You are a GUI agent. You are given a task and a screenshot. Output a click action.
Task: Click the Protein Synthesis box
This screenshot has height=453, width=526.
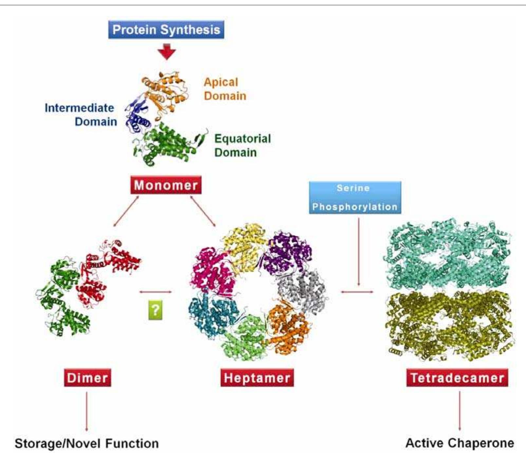[x=166, y=29]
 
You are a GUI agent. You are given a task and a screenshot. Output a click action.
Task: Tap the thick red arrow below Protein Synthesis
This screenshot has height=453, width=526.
[x=167, y=51]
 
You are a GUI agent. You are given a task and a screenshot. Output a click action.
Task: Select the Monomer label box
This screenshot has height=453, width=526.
[x=166, y=185]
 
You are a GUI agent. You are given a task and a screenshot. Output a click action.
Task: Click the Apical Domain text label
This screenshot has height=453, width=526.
[x=225, y=89]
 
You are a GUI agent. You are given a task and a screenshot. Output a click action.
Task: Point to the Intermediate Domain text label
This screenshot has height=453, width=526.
[x=81, y=115]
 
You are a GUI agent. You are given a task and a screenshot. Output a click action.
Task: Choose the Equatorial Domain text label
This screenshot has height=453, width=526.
[x=242, y=145]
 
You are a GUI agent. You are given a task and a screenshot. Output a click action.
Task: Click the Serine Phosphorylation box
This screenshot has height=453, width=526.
[x=355, y=197]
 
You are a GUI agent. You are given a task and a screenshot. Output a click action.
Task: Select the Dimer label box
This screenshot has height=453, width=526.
[x=87, y=378]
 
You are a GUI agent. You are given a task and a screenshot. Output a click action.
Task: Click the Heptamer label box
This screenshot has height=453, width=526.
[x=257, y=378]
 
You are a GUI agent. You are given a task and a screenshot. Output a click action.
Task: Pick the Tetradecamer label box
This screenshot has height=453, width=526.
[x=457, y=378]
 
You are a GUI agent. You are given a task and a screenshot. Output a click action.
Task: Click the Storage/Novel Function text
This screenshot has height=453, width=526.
[x=87, y=444]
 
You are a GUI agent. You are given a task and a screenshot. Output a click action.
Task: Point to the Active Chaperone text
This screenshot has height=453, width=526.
[x=460, y=443]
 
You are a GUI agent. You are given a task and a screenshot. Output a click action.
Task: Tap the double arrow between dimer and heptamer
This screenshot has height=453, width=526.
[x=155, y=291]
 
